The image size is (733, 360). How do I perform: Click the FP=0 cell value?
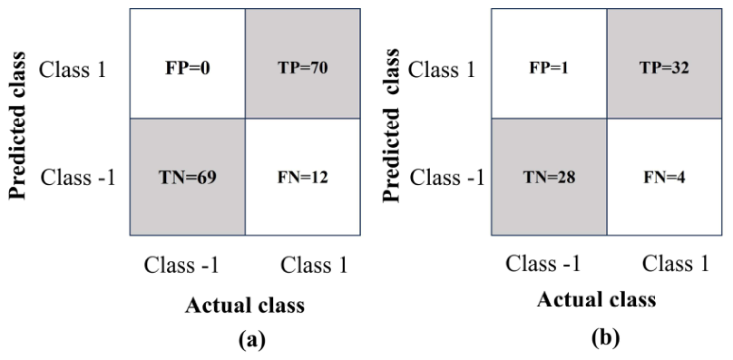188,68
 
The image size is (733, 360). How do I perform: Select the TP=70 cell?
302,63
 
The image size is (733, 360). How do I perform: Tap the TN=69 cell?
188,177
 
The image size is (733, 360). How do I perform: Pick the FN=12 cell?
302,177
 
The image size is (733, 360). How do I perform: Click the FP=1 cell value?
549,69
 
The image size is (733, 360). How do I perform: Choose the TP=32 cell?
664,63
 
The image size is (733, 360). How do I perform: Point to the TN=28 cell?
549,177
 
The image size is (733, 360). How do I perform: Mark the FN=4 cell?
664,177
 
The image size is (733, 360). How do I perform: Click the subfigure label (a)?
252,340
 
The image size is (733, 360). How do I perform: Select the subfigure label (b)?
605,337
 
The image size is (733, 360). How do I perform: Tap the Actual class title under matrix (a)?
245,306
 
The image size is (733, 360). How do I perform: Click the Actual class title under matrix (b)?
597,299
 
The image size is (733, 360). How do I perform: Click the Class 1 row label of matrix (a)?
73,70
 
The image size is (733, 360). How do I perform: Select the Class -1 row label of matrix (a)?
78,178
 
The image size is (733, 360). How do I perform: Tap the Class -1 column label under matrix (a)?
181,265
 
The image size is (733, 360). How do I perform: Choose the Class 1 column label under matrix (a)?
314,265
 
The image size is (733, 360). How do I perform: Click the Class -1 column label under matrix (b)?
542,264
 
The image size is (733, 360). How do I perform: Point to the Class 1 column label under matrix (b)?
676,264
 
